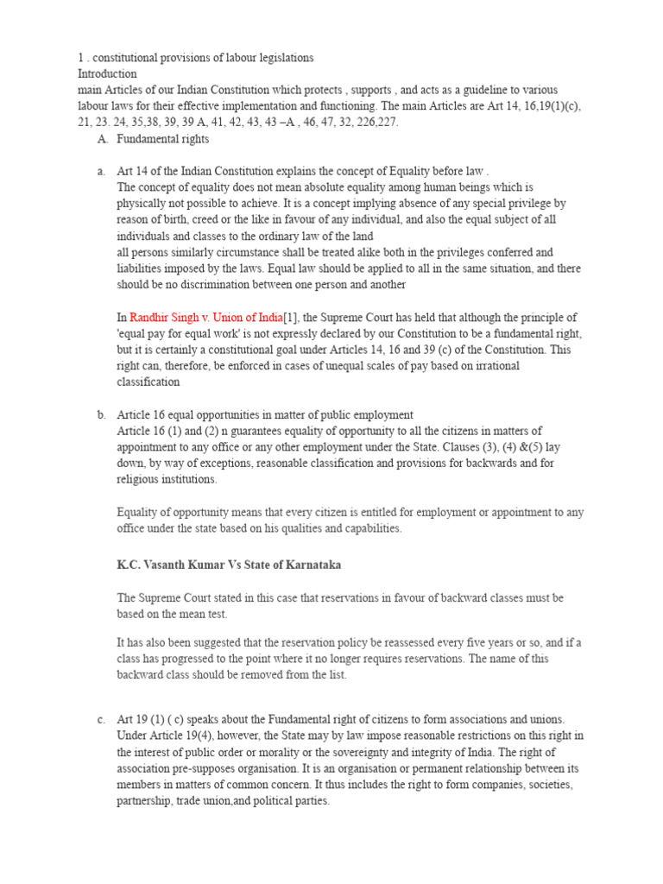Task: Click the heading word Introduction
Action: pos(107,73)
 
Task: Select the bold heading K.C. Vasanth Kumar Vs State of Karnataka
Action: pos(229,565)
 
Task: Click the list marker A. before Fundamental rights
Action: pos(103,138)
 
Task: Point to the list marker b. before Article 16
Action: pos(102,414)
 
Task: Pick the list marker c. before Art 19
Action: pos(102,719)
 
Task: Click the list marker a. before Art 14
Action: pos(102,171)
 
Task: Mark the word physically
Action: pos(143,204)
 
